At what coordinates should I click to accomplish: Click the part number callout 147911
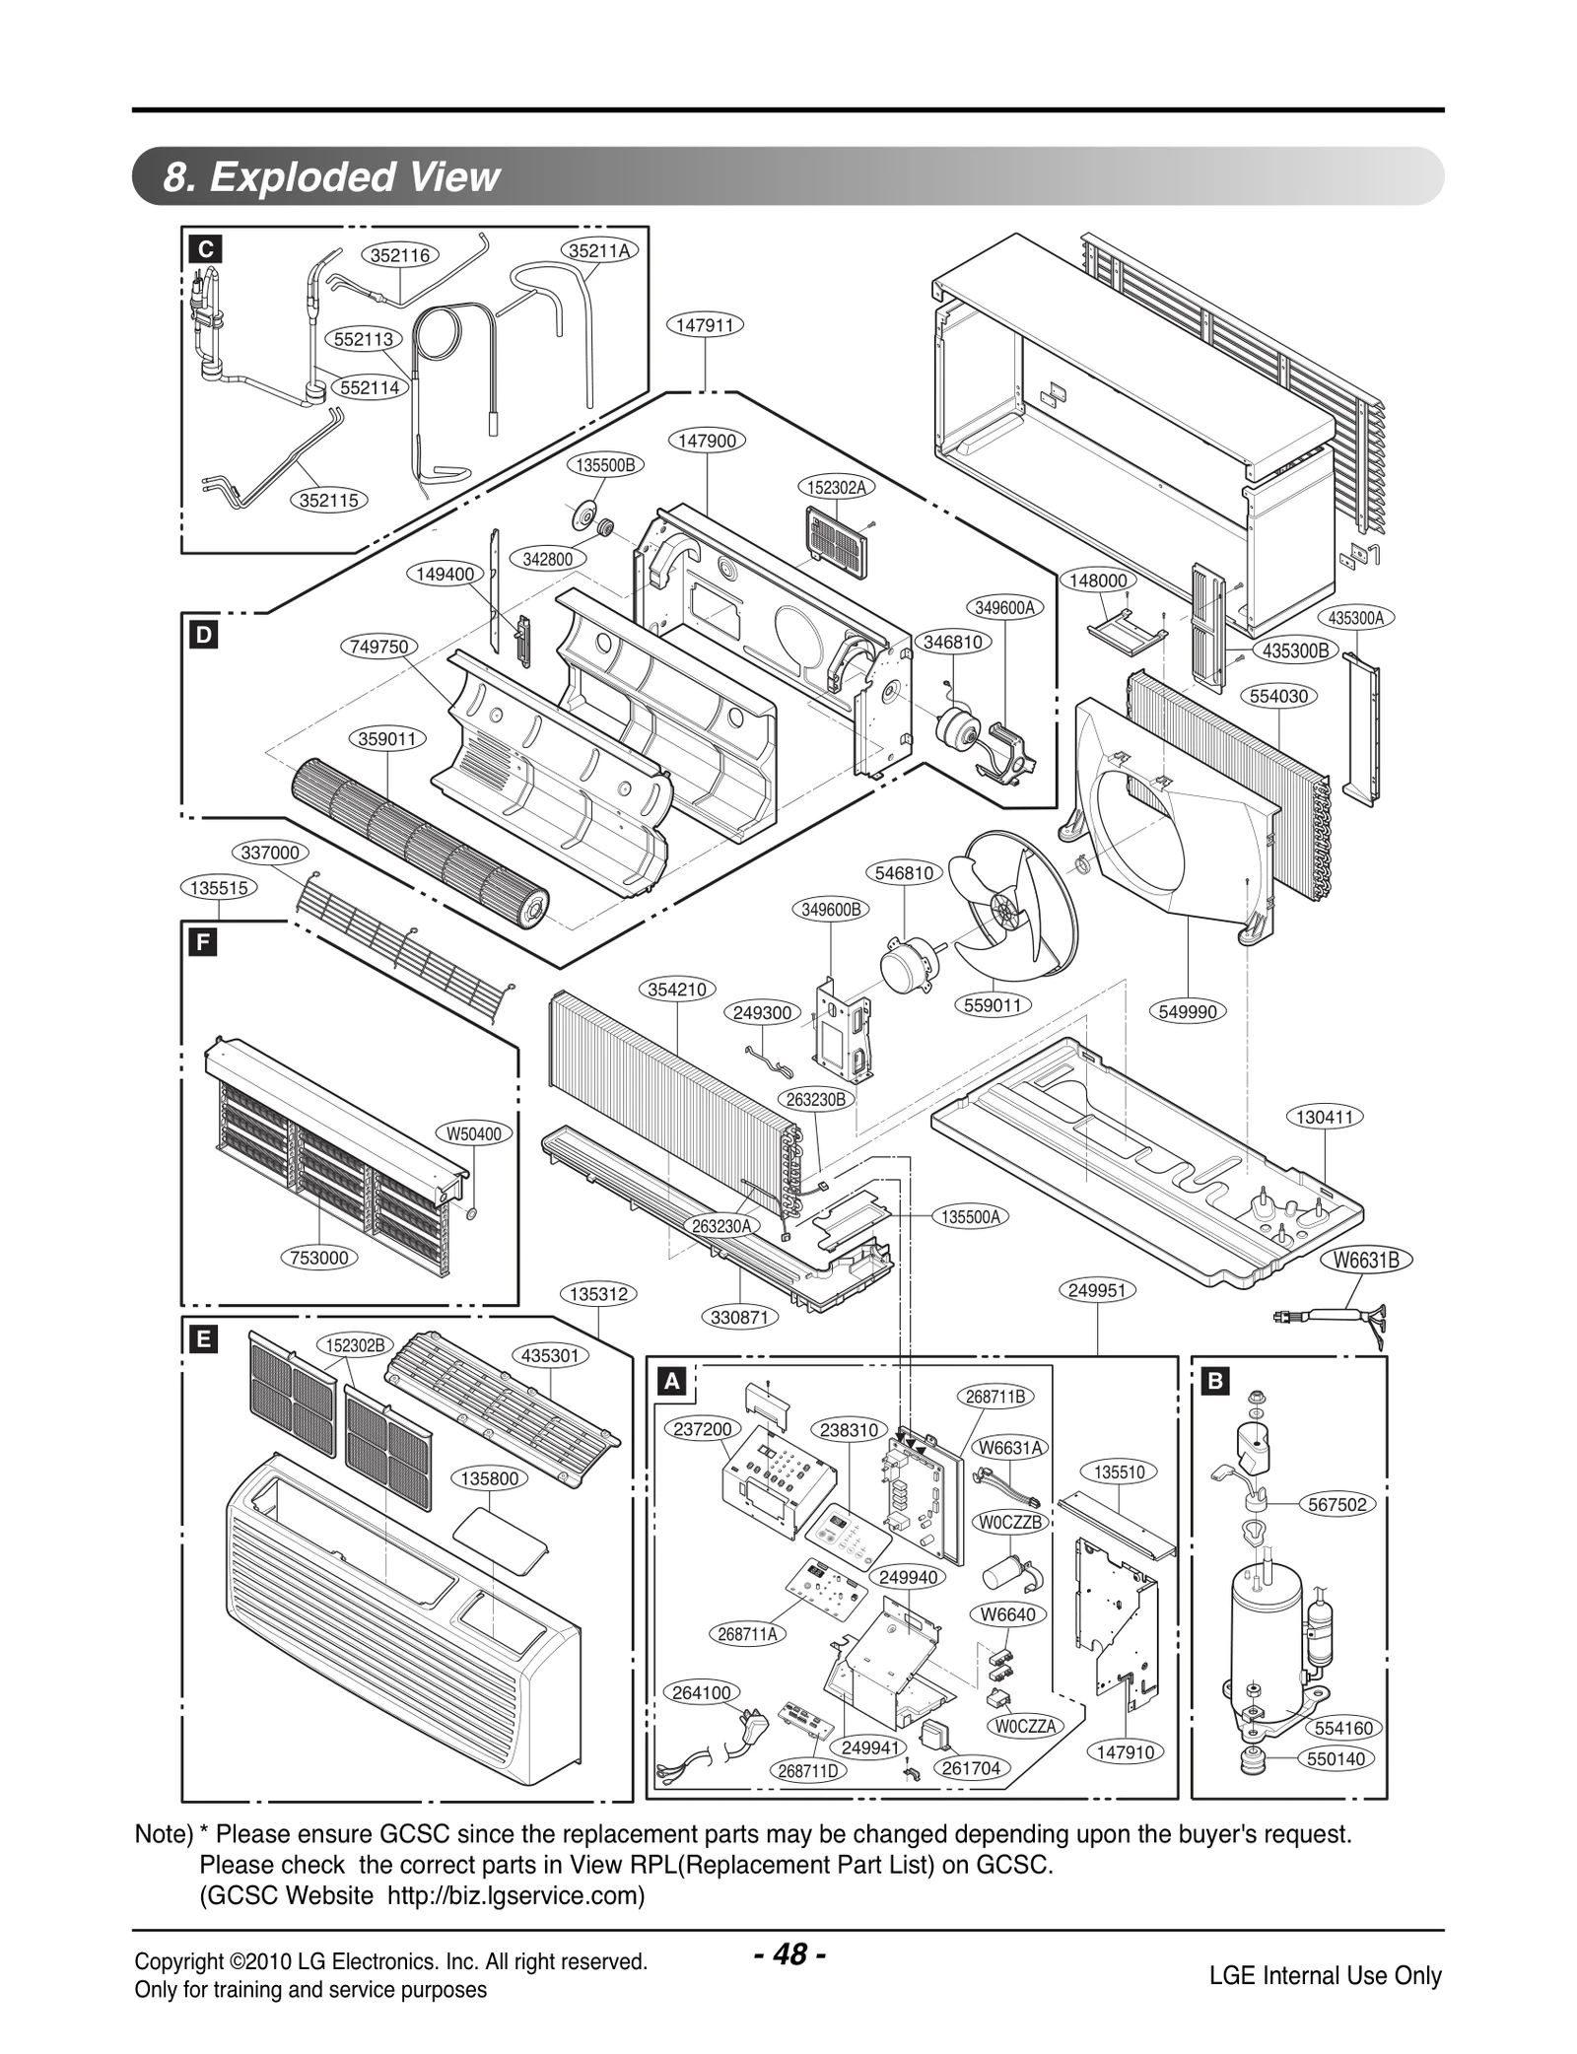point(706,324)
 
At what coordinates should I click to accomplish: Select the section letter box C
point(205,249)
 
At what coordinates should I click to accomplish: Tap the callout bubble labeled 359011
point(386,738)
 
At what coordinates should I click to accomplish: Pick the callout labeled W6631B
point(1365,1260)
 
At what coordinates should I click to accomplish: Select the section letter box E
point(203,1339)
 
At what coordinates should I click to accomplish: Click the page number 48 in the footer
point(788,1954)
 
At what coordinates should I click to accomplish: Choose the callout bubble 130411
point(1325,1117)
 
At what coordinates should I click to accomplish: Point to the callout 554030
point(1278,696)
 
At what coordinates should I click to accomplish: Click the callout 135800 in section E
point(489,1478)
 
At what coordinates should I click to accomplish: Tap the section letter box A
point(671,1382)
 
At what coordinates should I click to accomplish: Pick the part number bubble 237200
point(703,1429)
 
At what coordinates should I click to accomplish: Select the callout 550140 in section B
point(1337,1758)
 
